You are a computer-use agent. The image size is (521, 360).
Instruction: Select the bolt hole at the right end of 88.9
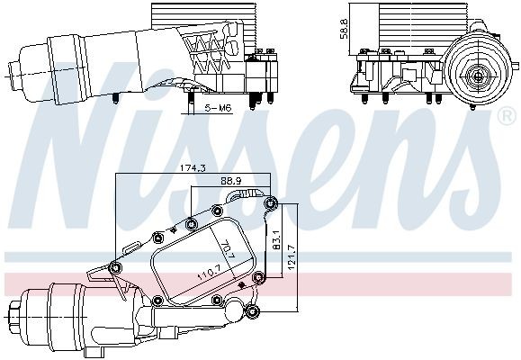point(269,203)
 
